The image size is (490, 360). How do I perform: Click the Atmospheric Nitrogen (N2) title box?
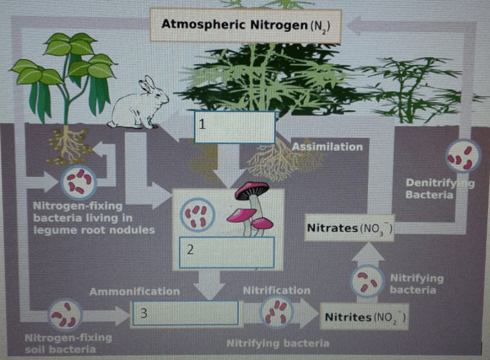point(245,25)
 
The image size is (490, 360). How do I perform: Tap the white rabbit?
point(137,105)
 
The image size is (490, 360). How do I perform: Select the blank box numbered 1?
point(235,127)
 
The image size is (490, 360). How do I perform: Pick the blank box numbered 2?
point(226,253)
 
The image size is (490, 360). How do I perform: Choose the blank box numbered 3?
point(185,313)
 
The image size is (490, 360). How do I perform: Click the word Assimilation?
point(328,147)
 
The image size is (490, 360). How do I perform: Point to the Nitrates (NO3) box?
point(349,228)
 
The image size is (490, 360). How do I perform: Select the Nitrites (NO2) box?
point(365,317)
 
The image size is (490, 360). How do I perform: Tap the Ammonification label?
point(135,292)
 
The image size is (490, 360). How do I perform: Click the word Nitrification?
point(277,290)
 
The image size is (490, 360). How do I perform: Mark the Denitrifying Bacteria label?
point(440,189)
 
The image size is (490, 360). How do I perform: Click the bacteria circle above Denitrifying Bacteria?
point(464,156)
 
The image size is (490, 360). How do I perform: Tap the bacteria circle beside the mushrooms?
point(198,214)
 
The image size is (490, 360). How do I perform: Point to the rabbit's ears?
point(148,83)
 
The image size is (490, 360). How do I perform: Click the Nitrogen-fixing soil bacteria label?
point(68,344)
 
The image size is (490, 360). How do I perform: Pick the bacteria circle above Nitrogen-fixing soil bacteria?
point(65,315)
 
